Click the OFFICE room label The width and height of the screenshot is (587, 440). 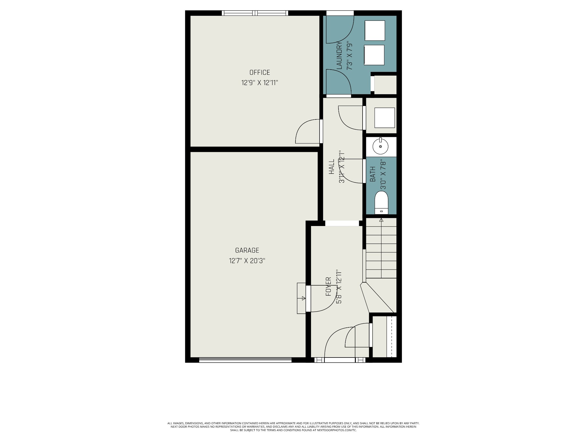click(x=260, y=72)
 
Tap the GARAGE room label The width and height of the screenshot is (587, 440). click(x=247, y=250)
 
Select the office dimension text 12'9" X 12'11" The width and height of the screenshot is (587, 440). click(x=260, y=83)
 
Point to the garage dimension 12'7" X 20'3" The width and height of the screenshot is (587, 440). click(x=247, y=261)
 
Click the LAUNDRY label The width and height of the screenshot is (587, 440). click(x=339, y=55)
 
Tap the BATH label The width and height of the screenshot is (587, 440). click(x=373, y=174)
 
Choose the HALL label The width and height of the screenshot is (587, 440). click(x=332, y=167)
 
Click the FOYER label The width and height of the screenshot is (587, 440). click(x=328, y=286)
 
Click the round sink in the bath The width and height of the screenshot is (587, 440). click(x=381, y=146)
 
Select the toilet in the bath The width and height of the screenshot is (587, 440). click(x=381, y=203)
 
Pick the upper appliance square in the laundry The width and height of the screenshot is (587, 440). click(x=375, y=30)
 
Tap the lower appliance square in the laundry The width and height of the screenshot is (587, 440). click(x=374, y=55)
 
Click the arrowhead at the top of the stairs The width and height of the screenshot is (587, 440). click(x=381, y=220)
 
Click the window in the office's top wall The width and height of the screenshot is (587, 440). click(x=255, y=13)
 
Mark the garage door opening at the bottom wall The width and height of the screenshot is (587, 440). click(x=245, y=360)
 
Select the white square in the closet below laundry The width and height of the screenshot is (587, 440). click(x=385, y=118)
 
